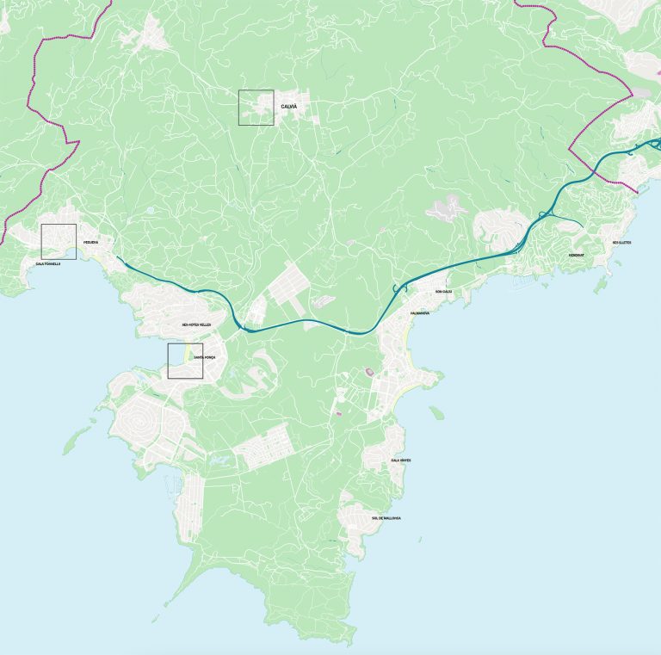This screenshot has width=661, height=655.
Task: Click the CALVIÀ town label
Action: coord(288,107)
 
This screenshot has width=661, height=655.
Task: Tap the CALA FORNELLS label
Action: coord(48,263)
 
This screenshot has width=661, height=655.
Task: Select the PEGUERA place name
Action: coord(90,243)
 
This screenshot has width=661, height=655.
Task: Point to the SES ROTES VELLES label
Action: coord(196,324)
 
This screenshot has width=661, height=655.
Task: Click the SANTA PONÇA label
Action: coord(204,356)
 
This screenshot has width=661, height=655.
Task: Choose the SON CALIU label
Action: coord(443,292)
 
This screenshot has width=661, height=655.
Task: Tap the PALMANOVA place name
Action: coord(420,312)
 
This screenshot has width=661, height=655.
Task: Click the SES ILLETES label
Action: coord(621,243)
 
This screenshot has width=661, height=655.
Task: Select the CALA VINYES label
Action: coord(401,460)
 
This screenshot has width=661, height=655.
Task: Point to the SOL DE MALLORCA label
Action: coord(386,518)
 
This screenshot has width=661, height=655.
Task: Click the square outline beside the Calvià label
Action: coord(256,108)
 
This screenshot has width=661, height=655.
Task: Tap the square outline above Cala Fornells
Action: coord(59,241)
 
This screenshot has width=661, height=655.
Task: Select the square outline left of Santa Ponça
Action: coord(185,361)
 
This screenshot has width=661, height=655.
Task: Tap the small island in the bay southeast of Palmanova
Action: coord(436,413)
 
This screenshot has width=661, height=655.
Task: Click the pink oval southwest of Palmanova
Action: coord(370,372)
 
